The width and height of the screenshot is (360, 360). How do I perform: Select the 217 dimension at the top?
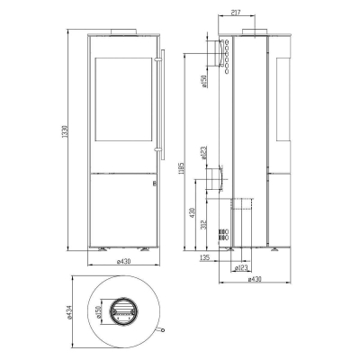point(210,13)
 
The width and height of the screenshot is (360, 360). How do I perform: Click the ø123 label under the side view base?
point(240,267)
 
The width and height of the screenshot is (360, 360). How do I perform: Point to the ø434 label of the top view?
point(69,311)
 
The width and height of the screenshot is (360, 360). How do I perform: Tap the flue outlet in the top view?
point(120,310)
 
